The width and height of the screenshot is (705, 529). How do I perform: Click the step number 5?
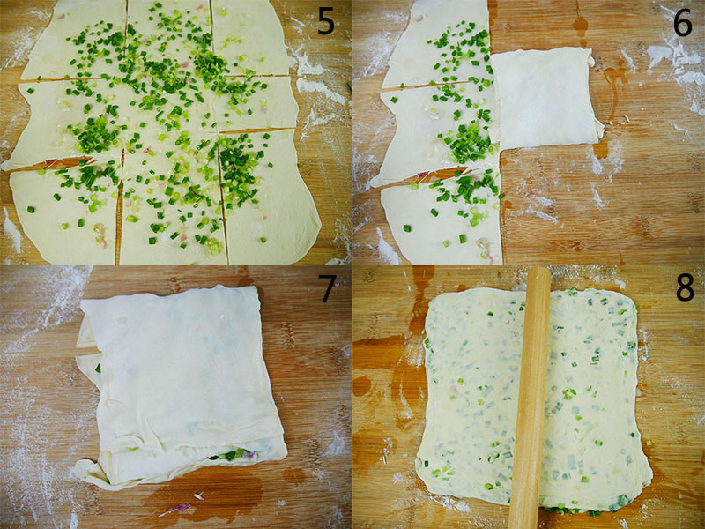pyautogui.click(x=326, y=20)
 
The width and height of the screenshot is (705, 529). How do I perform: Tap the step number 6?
pyautogui.click(x=682, y=21)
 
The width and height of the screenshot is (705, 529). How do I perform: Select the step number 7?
pyautogui.click(x=327, y=287)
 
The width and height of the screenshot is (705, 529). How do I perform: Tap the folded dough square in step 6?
pyautogui.click(x=546, y=99)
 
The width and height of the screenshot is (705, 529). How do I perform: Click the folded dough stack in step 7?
pyautogui.click(x=180, y=387)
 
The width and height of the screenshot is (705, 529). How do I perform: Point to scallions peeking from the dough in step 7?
pyautogui.click(x=232, y=455)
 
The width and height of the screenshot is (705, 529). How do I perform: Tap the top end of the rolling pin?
pyautogui.click(x=538, y=269)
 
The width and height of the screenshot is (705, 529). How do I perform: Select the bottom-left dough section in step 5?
pyautogui.click(x=65, y=212)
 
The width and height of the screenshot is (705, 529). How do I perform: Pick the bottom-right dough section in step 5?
pyautogui.click(x=270, y=197)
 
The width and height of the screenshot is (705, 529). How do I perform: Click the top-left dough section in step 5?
pyautogui.click(x=74, y=41)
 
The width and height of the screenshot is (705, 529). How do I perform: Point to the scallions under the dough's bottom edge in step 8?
pyautogui.click(x=584, y=509)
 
